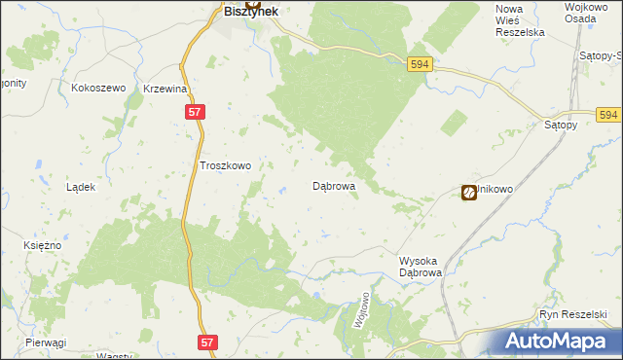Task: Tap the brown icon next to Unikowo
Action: click(468, 193)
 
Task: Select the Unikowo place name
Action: click(494, 192)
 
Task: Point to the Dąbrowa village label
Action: click(333, 185)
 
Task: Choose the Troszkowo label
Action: click(225, 166)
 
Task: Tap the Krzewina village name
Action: click(165, 89)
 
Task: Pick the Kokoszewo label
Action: click(99, 89)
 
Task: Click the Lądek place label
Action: click(80, 187)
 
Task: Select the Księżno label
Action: click(42, 246)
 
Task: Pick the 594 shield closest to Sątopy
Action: click(609, 115)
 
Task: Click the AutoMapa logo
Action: click(556, 341)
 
